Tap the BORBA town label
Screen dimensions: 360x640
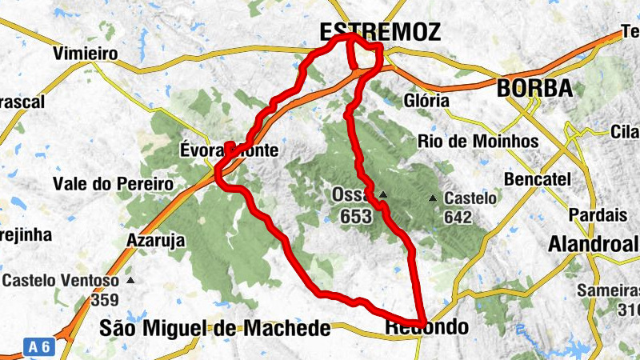click(x=534, y=88)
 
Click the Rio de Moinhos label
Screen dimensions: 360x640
click(x=478, y=141)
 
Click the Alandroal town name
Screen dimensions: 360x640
click(x=593, y=243)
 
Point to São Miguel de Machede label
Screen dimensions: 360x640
click(x=215, y=328)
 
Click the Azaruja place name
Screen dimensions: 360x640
click(x=156, y=240)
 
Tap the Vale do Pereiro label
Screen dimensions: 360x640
click(x=113, y=183)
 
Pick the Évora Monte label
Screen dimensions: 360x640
click(x=230, y=150)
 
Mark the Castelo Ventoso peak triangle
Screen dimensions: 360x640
click(x=130, y=281)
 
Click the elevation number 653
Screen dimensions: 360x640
click(x=355, y=216)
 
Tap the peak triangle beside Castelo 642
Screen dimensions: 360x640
click(x=433, y=198)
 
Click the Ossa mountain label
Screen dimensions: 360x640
click(x=349, y=196)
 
